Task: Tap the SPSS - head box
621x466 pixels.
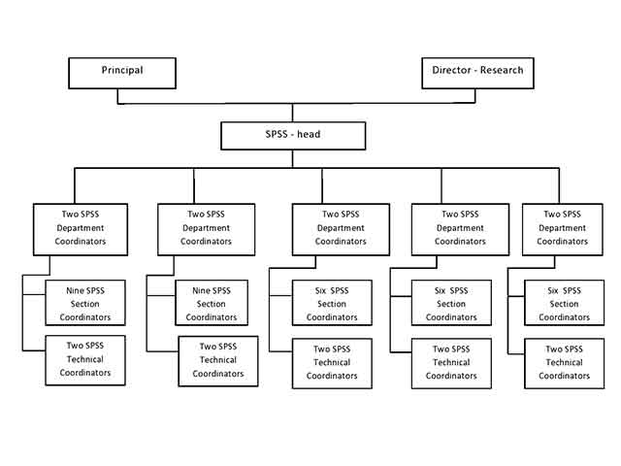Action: pos(293,135)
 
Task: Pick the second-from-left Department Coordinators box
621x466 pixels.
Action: pos(206,228)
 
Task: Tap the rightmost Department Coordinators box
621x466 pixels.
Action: pos(563,228)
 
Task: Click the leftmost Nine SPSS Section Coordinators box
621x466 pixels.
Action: pos(85,304)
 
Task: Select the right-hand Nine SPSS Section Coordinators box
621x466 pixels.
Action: pos(212,304)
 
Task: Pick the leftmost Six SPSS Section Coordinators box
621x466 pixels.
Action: pos(333,304)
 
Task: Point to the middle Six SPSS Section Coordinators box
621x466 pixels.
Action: pos(451,304)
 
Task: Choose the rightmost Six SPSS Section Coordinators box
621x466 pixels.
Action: pos(564,304)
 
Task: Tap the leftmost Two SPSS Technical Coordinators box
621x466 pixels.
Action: pos(85,359)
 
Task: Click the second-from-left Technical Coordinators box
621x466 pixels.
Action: pos(218,360)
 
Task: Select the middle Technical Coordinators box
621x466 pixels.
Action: pos(333,363)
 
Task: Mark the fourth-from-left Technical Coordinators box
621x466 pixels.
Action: pos(451,363)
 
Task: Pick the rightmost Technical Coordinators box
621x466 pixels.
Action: pos(564,363)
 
